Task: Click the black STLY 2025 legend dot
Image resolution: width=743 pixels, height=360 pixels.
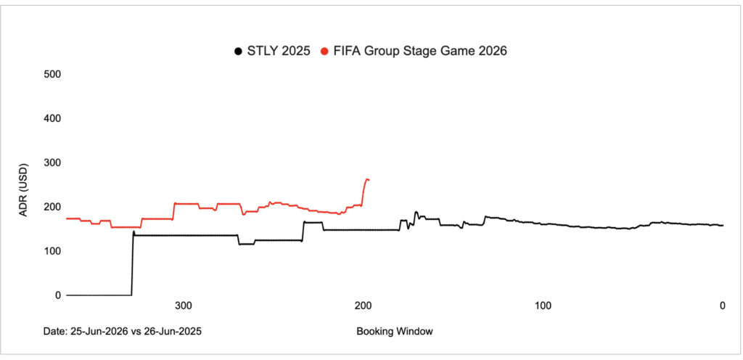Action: [237, 51]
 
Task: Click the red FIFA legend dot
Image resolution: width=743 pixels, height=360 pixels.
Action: [324, 51]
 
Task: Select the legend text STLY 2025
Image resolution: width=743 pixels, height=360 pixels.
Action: [278, 51]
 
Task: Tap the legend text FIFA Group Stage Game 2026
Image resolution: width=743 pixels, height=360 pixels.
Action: [419, 51]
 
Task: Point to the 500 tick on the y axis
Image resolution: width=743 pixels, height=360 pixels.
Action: [52, 74]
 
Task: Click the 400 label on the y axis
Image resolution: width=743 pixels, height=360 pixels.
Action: [52, 118]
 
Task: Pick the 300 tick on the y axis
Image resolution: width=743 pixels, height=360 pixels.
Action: [52, 163]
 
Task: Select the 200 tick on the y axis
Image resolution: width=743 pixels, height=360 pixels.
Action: [52, 207]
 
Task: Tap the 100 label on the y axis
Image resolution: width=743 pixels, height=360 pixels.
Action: [52, 251]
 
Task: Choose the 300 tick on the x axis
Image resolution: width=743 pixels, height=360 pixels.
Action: [184, 306]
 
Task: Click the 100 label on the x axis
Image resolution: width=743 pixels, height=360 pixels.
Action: [542, 306]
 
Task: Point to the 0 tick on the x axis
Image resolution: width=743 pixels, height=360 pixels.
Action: [722, 306]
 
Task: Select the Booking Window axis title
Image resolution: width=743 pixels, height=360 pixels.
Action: [395, 332]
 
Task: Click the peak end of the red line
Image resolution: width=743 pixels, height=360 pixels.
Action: [368, 179]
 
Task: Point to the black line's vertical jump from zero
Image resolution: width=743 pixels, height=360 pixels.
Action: [132, 265]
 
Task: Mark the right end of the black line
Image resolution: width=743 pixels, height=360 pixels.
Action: [723, 226]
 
